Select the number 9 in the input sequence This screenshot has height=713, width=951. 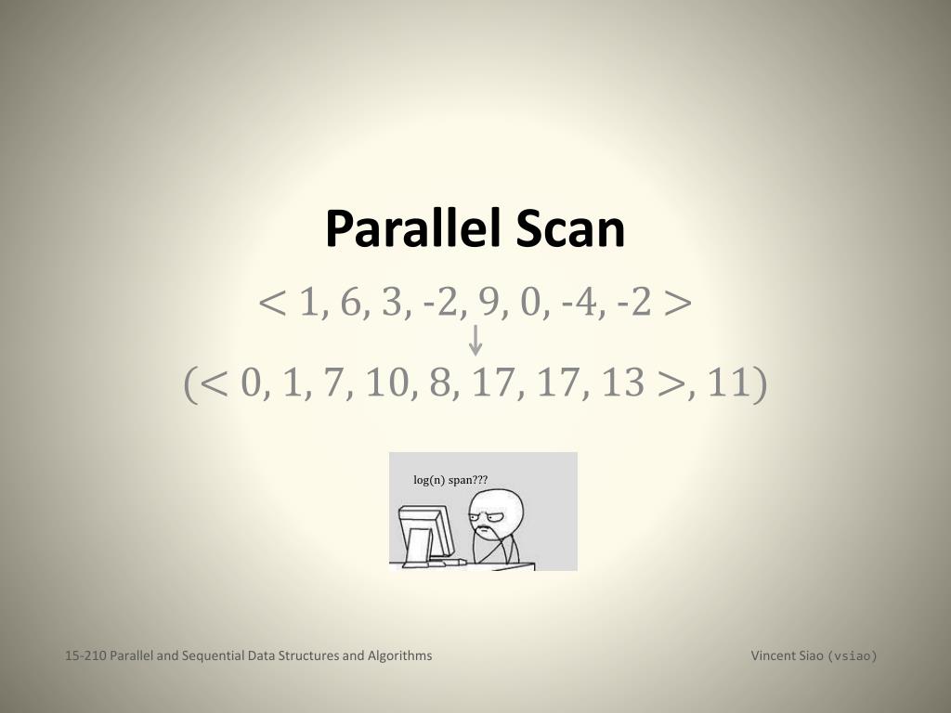(489, 303)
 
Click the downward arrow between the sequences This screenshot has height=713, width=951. (475, 340)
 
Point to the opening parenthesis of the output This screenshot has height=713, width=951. (190, 383)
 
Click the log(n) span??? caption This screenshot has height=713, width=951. (450, 480)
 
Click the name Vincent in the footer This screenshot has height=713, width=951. (773, 655)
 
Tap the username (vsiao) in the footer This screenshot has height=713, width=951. (852, 656)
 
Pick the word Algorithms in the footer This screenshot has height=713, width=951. (400, 655)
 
